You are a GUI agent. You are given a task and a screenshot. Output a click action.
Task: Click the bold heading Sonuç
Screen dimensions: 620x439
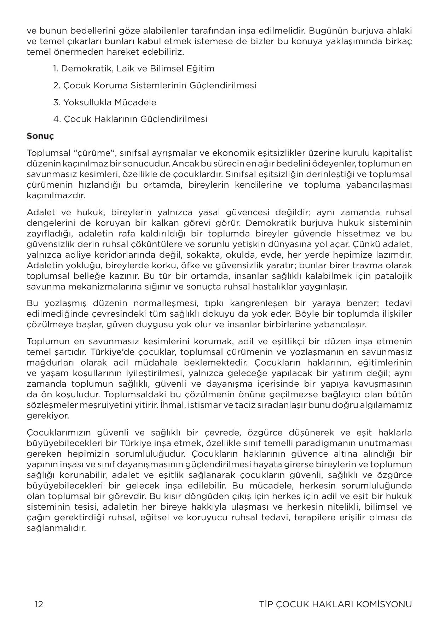click(x=40, y=136)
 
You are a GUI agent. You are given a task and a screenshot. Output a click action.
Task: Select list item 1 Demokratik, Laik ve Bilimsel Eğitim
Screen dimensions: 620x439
click(x=134, y=69)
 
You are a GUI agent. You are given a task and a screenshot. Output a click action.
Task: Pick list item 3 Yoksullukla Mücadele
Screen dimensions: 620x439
click(x=105, y=103)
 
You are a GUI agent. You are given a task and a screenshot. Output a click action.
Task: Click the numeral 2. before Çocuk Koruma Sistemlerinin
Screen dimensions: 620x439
click(x=57, y=86)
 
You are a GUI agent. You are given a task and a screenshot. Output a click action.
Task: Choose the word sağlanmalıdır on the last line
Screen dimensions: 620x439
click(x=56, y=529)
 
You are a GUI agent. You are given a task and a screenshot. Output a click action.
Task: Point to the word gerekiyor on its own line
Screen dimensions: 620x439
click(x=48, y=416)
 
